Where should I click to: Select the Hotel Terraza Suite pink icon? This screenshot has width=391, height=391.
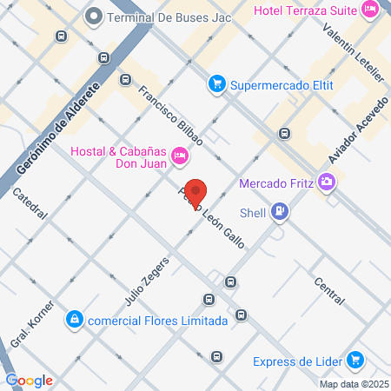coord(371,10)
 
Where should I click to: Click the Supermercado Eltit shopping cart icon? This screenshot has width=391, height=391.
coord(216,84)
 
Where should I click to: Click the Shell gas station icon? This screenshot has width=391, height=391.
coord(279,210)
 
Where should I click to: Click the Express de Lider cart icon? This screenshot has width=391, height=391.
coord(354,361)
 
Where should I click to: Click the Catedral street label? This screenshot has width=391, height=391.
coord(31,207)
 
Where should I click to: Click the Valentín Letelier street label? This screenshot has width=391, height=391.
coord(353,53)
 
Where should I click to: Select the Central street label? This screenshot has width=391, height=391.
coord(330,290)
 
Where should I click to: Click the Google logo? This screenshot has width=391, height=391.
coord(29,380)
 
